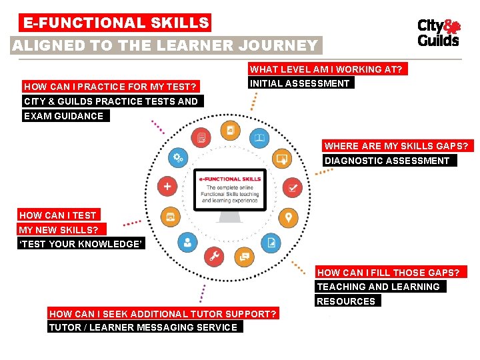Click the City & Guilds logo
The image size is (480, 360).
(x=438, y=32)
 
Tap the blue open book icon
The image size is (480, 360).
(x=259, y=139)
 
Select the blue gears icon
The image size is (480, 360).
(x=178, y=158)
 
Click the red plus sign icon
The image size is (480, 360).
(x=167, y=187)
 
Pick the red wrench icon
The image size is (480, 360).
(x=214, y=256)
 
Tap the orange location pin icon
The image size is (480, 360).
(x=288, y=217)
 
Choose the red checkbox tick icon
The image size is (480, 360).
(x=292, y=187)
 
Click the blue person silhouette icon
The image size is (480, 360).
(x=187, y=242)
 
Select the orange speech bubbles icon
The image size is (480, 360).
(x=244, y=256)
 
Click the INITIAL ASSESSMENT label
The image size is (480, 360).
(x=300, y=83)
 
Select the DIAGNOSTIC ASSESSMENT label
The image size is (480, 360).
(x=387, y=161)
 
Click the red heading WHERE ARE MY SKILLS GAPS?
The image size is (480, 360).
(x=397, y=146)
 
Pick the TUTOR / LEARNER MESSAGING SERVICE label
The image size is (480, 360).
(x=143, y=327)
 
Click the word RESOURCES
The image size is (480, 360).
(x=345, y=301)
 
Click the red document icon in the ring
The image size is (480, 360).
(x=201, y=139)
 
